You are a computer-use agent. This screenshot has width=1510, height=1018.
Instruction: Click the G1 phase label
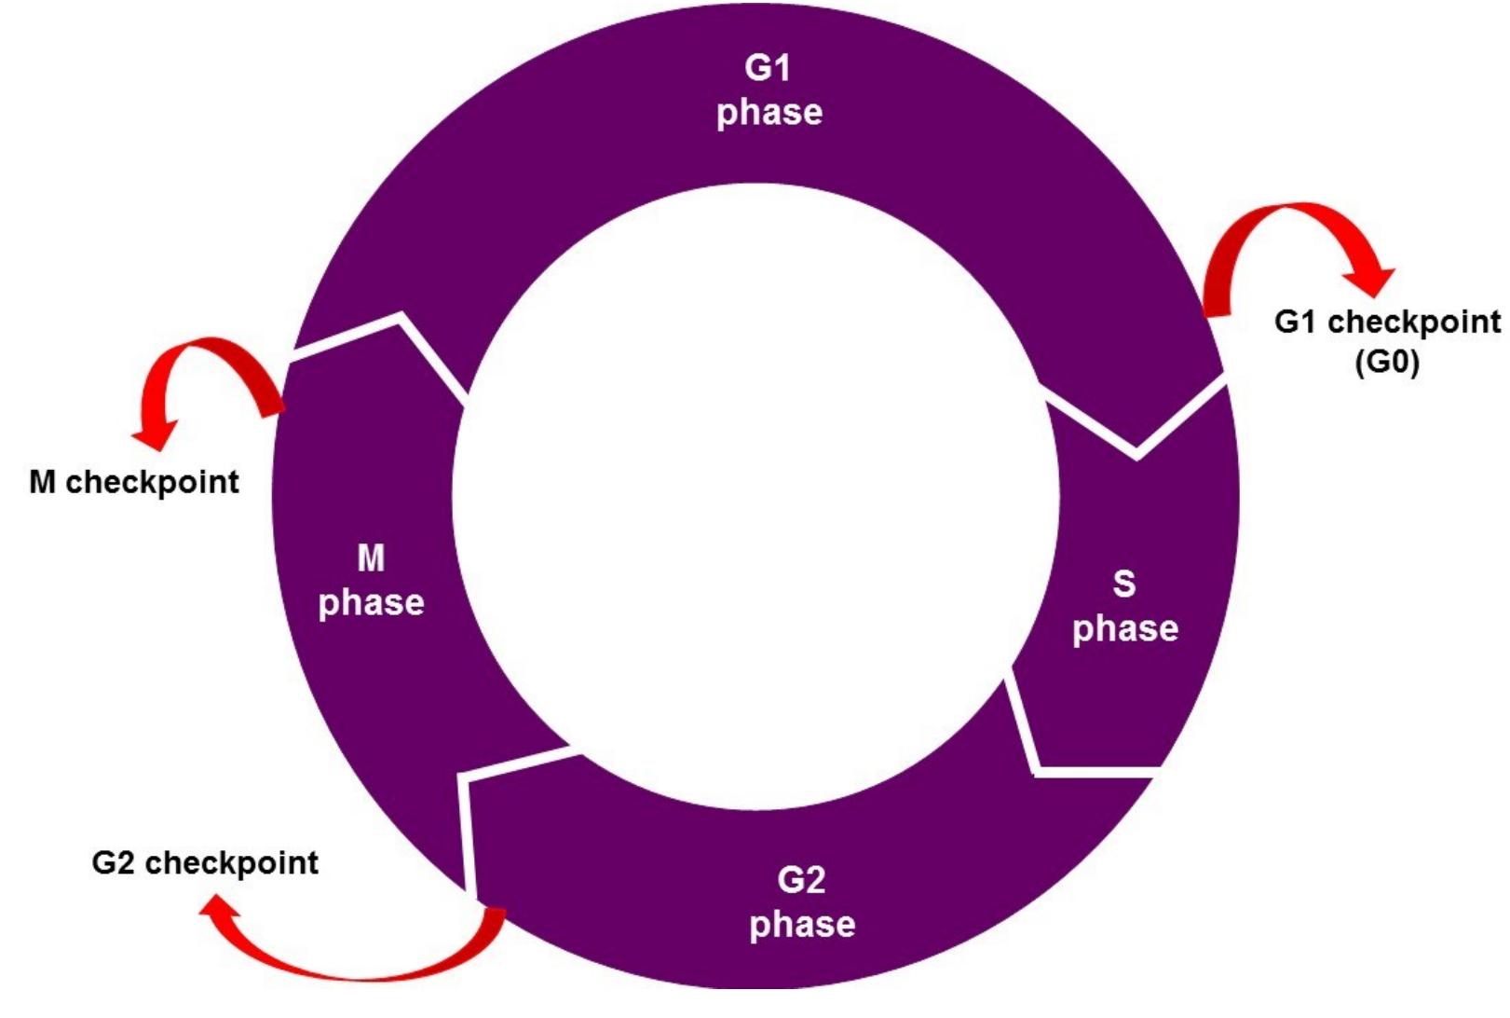tap(769, 90)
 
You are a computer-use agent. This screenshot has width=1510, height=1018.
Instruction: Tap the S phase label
tap(1124, 607)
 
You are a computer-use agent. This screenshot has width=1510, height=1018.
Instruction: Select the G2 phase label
tap(802, 902)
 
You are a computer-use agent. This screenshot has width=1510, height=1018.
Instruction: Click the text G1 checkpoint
tap(1386, 322)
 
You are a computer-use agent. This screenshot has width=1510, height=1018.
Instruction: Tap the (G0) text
tap(1386, 362)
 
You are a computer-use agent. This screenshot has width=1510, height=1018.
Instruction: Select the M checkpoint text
tap(134, 482)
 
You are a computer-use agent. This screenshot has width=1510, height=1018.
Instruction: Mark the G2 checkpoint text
tap(205, 862)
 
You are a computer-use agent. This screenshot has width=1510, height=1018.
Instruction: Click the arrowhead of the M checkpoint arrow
tap(154, 434)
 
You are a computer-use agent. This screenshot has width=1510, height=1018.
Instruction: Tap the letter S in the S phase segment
tap(1124, 584)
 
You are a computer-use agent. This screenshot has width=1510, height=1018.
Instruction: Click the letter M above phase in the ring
tap(371, 558)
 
